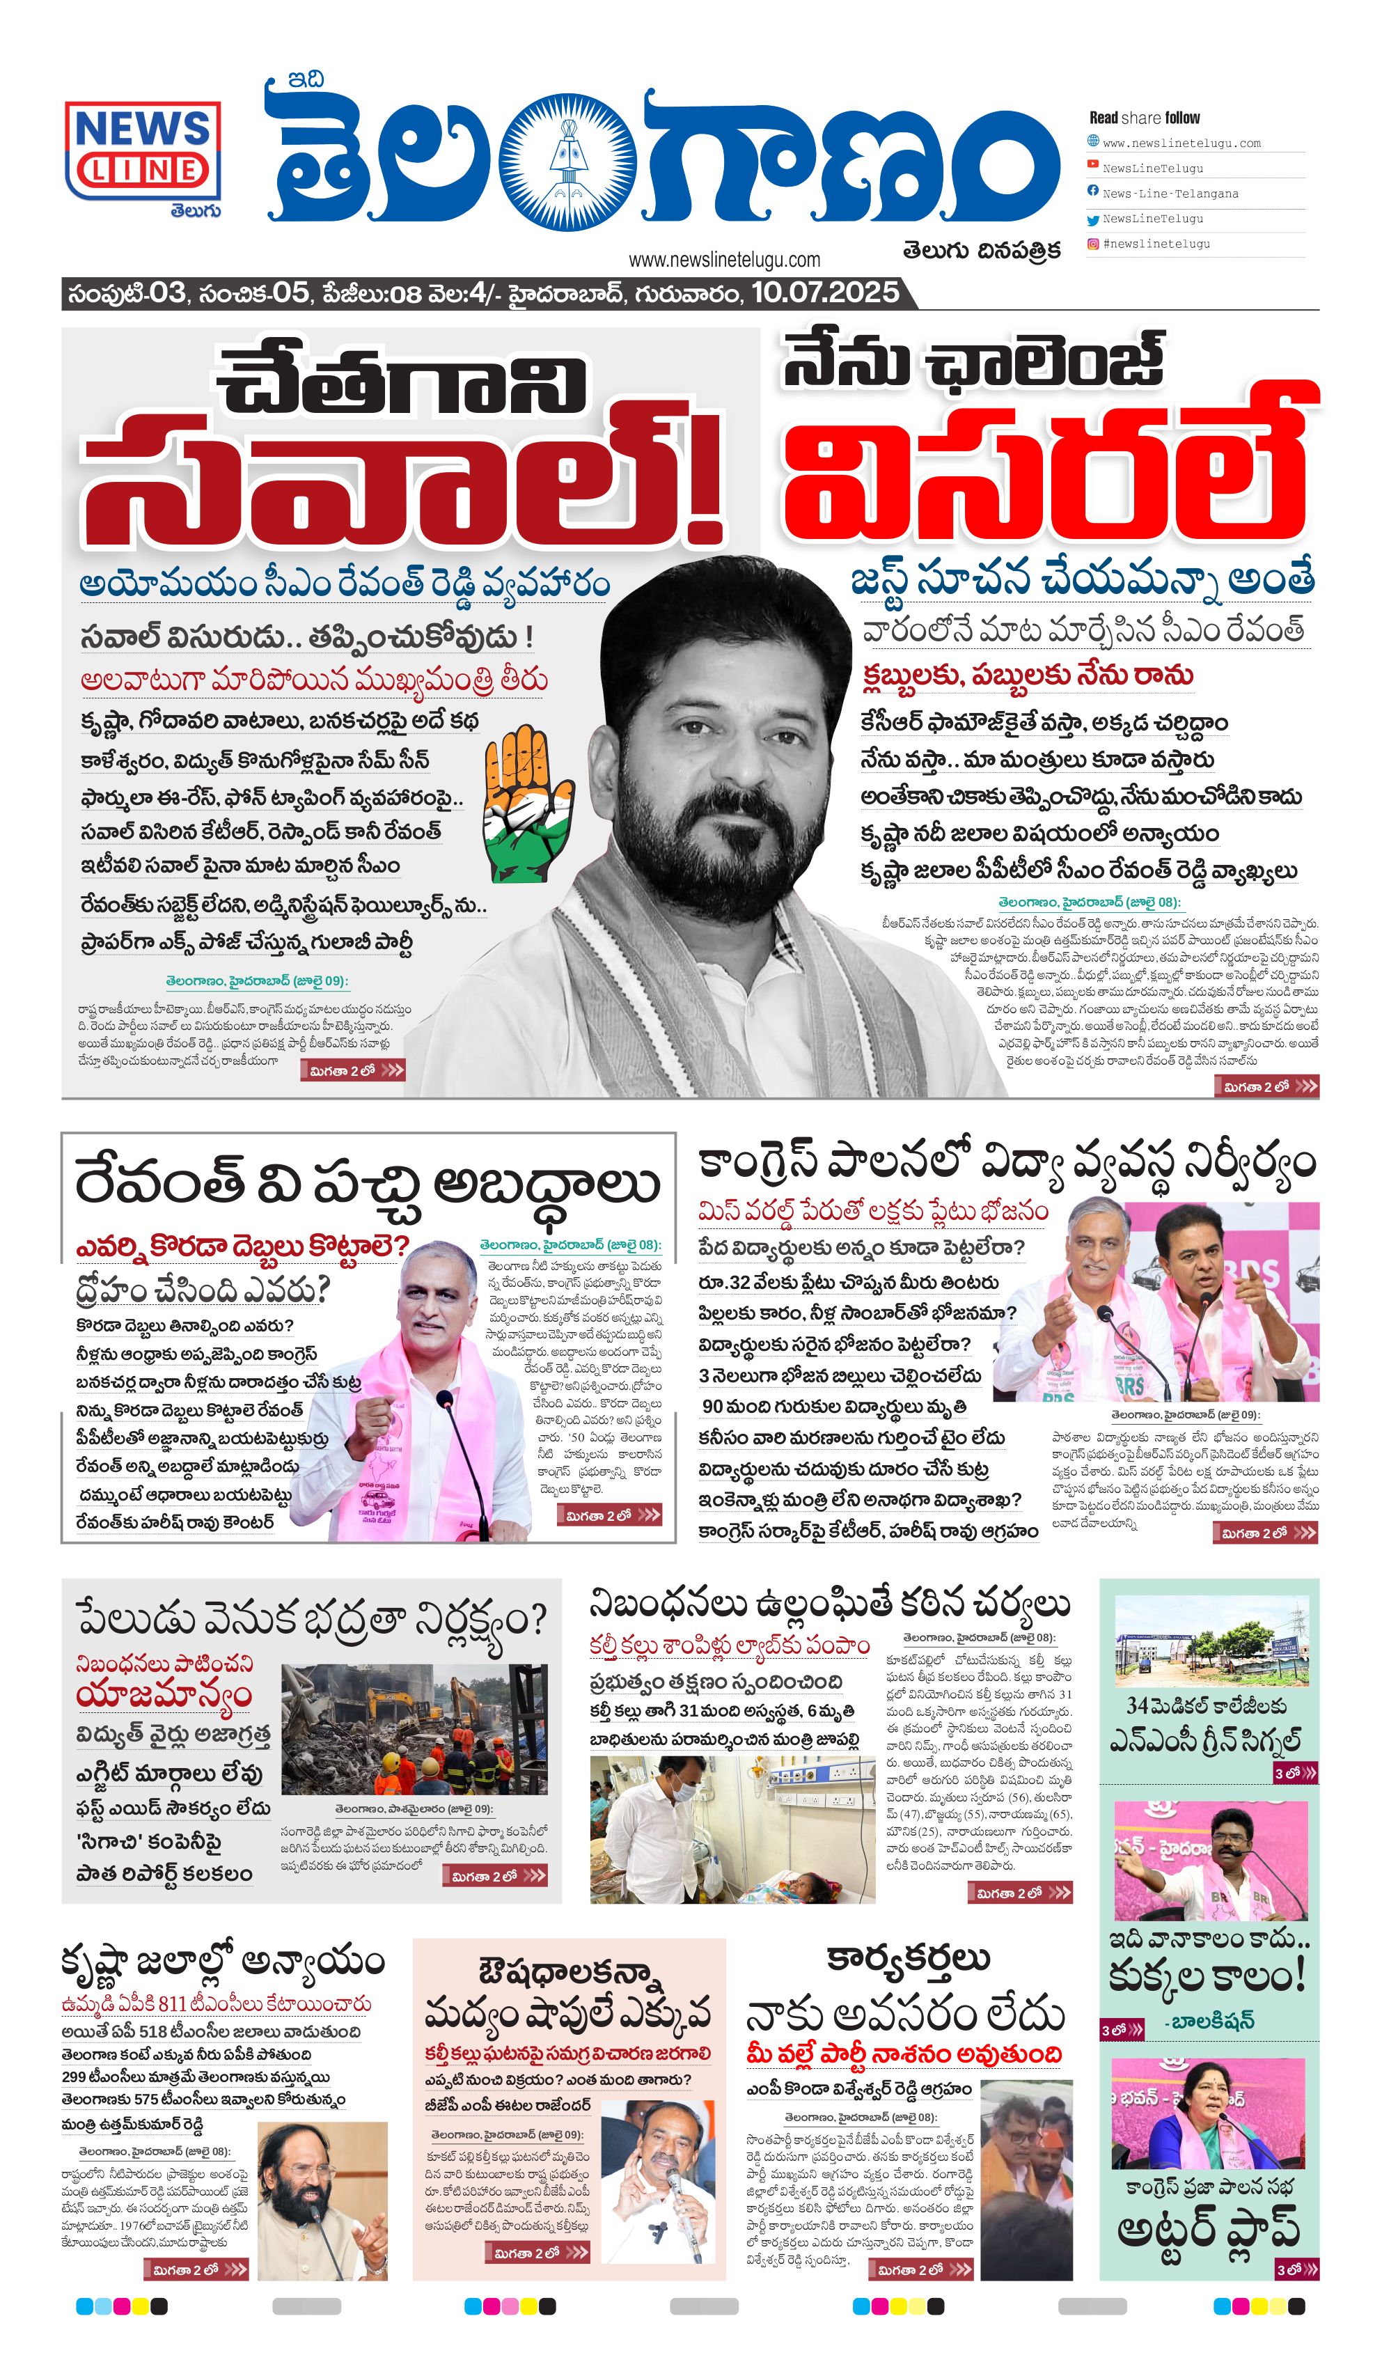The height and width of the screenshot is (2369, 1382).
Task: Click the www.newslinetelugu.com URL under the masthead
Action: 724,260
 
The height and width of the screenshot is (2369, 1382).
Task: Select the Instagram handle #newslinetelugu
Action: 1156,244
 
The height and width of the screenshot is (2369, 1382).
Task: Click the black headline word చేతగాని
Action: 402,381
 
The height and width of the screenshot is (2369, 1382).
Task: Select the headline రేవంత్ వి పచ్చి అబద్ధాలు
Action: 367,1184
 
